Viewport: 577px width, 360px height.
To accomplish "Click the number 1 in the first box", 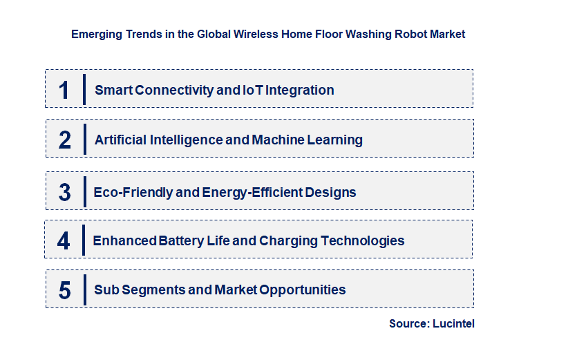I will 64,91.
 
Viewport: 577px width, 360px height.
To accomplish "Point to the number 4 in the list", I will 64,241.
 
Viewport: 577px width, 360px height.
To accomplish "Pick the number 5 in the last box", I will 64,290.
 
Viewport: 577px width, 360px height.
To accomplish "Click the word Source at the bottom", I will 408,323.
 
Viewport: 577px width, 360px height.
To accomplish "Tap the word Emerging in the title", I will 94,34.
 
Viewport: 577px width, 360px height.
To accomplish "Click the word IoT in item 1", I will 252,90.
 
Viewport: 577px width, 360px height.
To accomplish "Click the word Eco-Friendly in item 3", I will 133,192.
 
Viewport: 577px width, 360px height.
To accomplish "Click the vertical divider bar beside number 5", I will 84,289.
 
